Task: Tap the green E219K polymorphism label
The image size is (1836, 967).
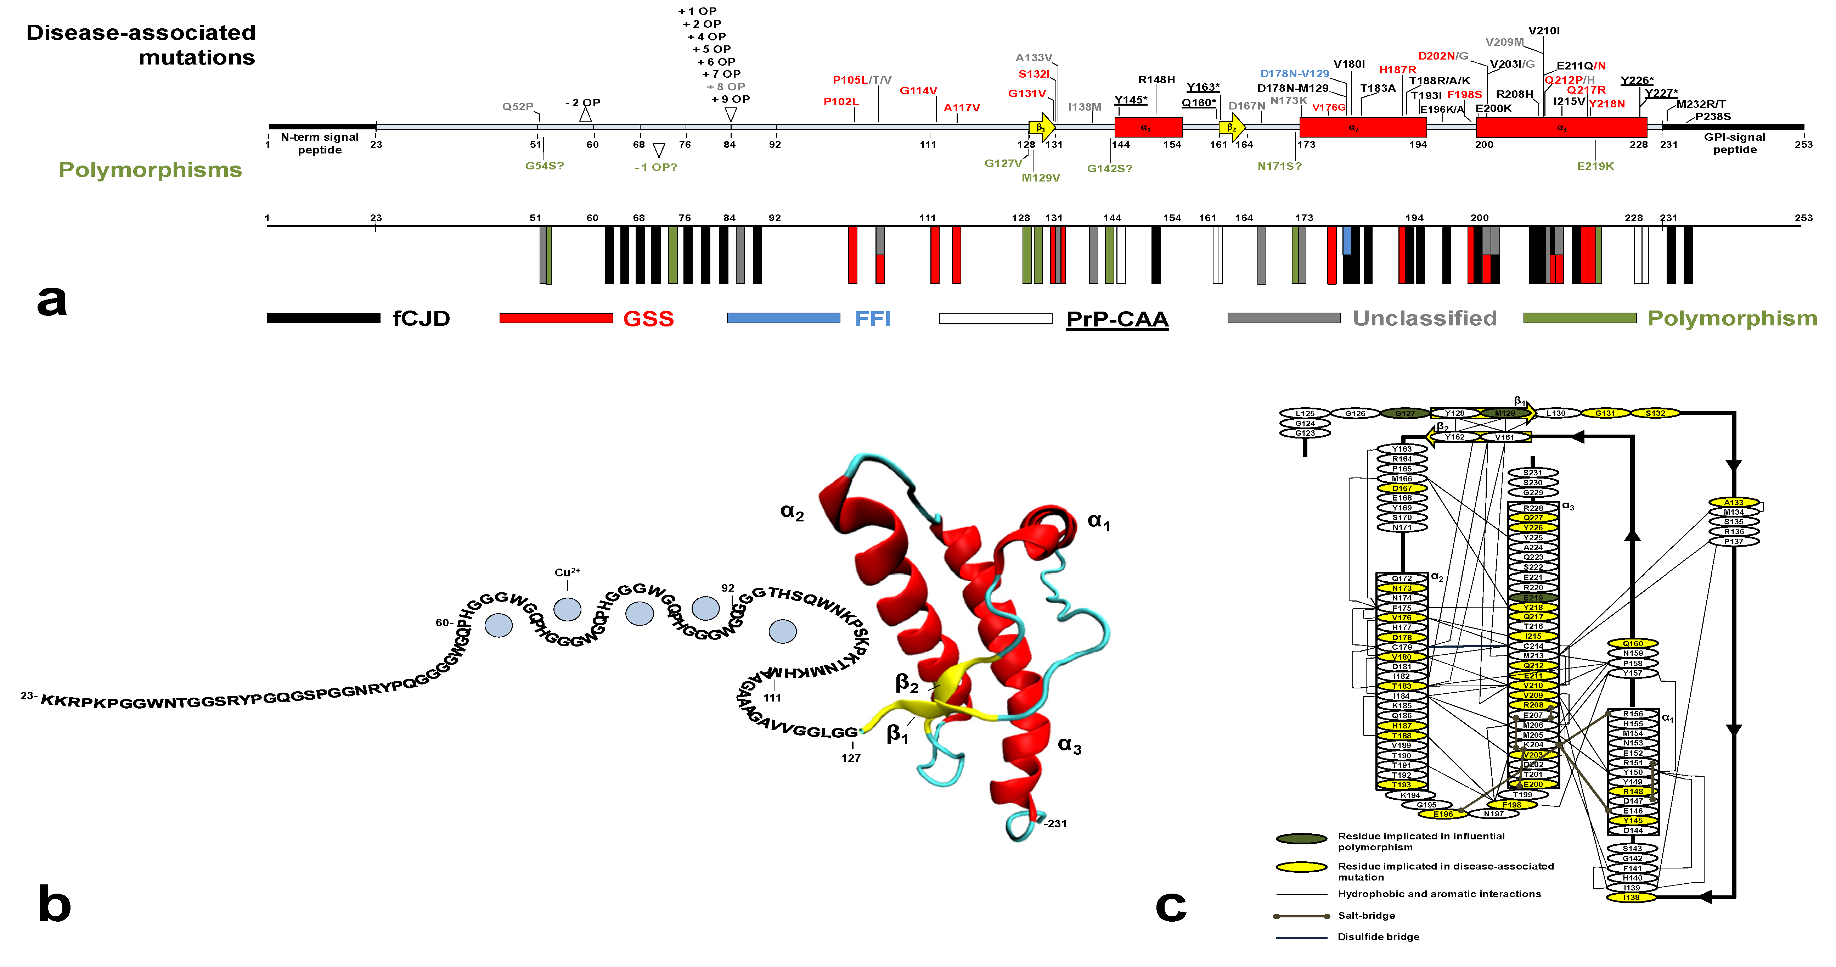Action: tap(1595, 166)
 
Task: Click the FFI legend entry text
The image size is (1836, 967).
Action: tap(872, 319)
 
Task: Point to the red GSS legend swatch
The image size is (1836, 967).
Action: tap(556, 318)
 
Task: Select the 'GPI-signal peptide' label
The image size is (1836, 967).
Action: tap(1734, 143)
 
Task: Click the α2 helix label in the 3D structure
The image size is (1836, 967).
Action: tap(792, 512)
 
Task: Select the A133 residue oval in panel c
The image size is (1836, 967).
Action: tap(1733, 502)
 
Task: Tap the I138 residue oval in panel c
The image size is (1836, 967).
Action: tap(1632, 897)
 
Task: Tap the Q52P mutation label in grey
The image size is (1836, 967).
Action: tap(517, 107)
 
